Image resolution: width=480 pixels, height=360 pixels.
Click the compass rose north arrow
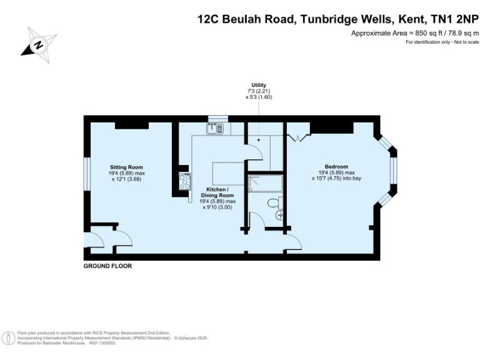point(37,45)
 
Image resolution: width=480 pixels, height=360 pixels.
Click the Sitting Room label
point(126,167)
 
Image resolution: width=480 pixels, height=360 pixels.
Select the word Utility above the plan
point(259,85)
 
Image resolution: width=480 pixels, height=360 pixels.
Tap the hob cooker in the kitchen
point(185,182)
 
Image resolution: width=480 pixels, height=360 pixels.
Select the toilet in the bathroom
point(273,203)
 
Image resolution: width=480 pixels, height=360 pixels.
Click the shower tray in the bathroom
point(265,183)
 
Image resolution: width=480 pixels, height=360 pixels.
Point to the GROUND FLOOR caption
point(107,266)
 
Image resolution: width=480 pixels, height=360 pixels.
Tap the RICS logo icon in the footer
point(9,338)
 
